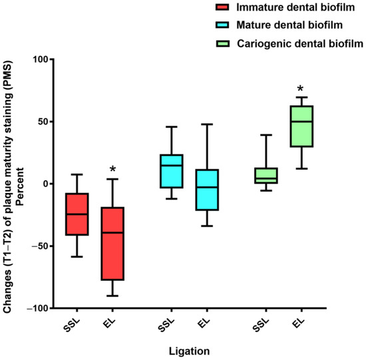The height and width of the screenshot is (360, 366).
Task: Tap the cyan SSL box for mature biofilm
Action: tap(172, 171)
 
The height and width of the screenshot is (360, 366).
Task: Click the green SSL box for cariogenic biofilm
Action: tap(267, 175)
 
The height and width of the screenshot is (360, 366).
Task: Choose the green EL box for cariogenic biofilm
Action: tap(303, 126)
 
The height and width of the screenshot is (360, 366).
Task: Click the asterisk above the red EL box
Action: tap(113, 162)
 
